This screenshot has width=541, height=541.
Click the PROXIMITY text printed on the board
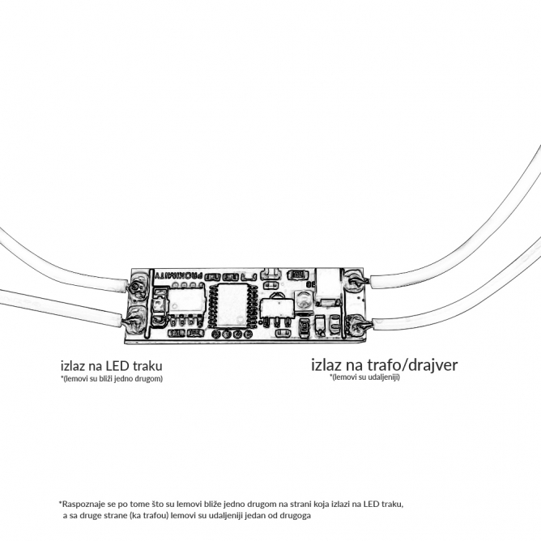178,275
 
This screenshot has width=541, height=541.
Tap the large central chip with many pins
232,305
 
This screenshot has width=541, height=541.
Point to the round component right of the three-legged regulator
304,300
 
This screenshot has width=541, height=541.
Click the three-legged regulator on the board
277,309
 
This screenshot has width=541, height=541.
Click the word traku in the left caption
148,365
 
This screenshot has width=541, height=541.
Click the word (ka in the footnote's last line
138,516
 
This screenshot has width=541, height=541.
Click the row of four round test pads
232,334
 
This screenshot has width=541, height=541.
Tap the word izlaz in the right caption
326,364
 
